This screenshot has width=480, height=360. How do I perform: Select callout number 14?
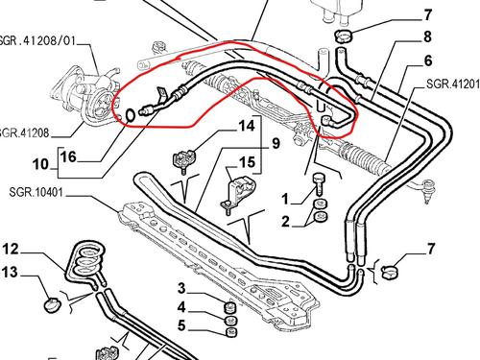[246, 125]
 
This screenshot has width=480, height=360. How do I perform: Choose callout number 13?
[12, 274]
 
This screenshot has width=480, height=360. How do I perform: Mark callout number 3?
[181, 289]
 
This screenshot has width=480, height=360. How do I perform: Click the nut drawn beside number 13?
[49, 306]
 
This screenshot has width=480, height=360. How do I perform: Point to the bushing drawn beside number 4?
[229, 309]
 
